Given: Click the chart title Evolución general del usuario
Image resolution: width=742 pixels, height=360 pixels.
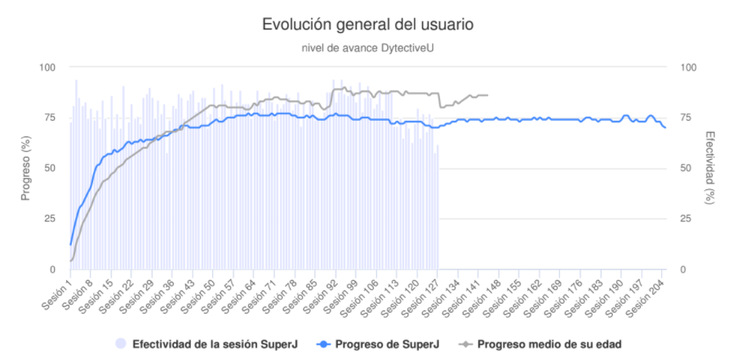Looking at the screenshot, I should pos(367,24).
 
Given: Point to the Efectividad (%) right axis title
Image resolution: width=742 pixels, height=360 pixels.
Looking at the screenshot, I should pos(710,168).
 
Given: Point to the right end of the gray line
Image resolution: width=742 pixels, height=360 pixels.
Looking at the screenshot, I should pos(487,96).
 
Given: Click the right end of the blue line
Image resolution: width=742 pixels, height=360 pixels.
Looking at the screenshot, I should pos(665,127).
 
